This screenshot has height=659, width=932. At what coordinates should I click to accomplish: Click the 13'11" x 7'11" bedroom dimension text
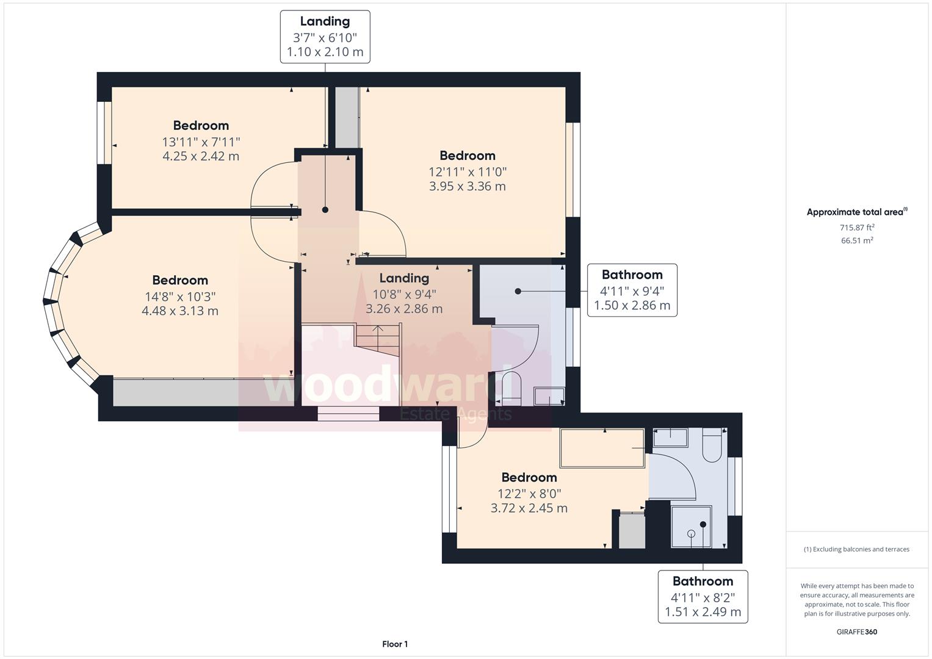click(x=201, y=142)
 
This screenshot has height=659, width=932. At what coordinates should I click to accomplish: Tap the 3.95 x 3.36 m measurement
click(x=468, y=186)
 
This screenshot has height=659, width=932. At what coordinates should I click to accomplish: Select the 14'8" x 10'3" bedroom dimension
click(x=180, y=297)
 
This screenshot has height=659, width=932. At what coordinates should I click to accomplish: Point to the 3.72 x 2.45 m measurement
click(x=529, y=508)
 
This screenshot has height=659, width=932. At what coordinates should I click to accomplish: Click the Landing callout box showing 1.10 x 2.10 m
click(x=325, y=37)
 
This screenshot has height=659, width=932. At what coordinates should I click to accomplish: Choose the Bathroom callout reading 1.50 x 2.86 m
click(x=632, y=290)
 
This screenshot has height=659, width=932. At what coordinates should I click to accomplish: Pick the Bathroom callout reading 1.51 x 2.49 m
click(x=703, y=597)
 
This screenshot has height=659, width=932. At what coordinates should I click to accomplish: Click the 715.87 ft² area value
click(x=857, y=228)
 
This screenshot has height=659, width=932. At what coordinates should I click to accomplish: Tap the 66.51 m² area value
click(x=857, y=240)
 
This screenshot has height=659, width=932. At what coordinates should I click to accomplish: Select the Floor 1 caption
click(x=395, y=644)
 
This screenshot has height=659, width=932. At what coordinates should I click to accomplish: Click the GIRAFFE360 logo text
click(x=857, y=632)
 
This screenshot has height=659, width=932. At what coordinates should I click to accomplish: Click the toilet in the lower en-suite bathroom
click(x=712, y=445)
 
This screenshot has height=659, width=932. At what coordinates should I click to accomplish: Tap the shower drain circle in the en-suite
click(x=691, y=533)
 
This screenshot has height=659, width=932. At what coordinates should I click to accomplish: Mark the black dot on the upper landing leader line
click(x=325, y=210)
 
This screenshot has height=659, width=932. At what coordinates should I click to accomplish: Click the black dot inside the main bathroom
click(x=518, y=291)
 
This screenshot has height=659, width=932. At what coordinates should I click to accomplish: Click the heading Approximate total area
click(x=857, y=212)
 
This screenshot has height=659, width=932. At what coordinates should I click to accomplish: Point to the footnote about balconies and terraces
click(x=857, y=549)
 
